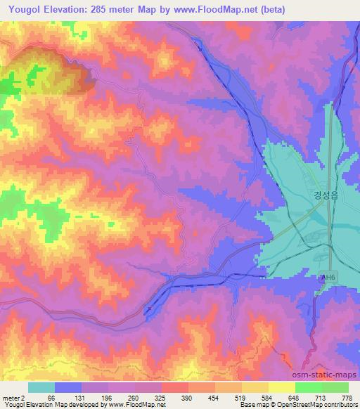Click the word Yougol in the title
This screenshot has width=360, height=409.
[x=27, y=9]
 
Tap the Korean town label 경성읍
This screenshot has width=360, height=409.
[x=326, y=198]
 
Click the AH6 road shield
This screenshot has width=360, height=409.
[x=326, y=278]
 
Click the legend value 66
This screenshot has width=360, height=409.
[x=51, y=397]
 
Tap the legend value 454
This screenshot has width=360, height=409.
[x=214, y=397]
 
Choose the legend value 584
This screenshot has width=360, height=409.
[x=269, y=397]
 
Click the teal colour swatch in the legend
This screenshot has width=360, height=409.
[x=41, y=387]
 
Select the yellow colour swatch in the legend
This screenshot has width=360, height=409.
[x=282, y=387]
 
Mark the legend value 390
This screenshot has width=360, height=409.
[x=187, y=397]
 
